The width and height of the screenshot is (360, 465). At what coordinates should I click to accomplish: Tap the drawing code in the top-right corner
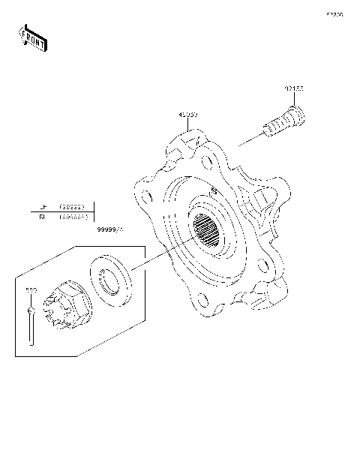(334, 14)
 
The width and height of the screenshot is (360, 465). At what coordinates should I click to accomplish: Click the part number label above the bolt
(293, 88)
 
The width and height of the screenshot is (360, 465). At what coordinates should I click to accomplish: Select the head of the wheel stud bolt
(295, 116)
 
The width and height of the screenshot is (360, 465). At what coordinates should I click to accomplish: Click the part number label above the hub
(187, 115)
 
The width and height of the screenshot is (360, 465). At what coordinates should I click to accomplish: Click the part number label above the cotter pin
(31, 289)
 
